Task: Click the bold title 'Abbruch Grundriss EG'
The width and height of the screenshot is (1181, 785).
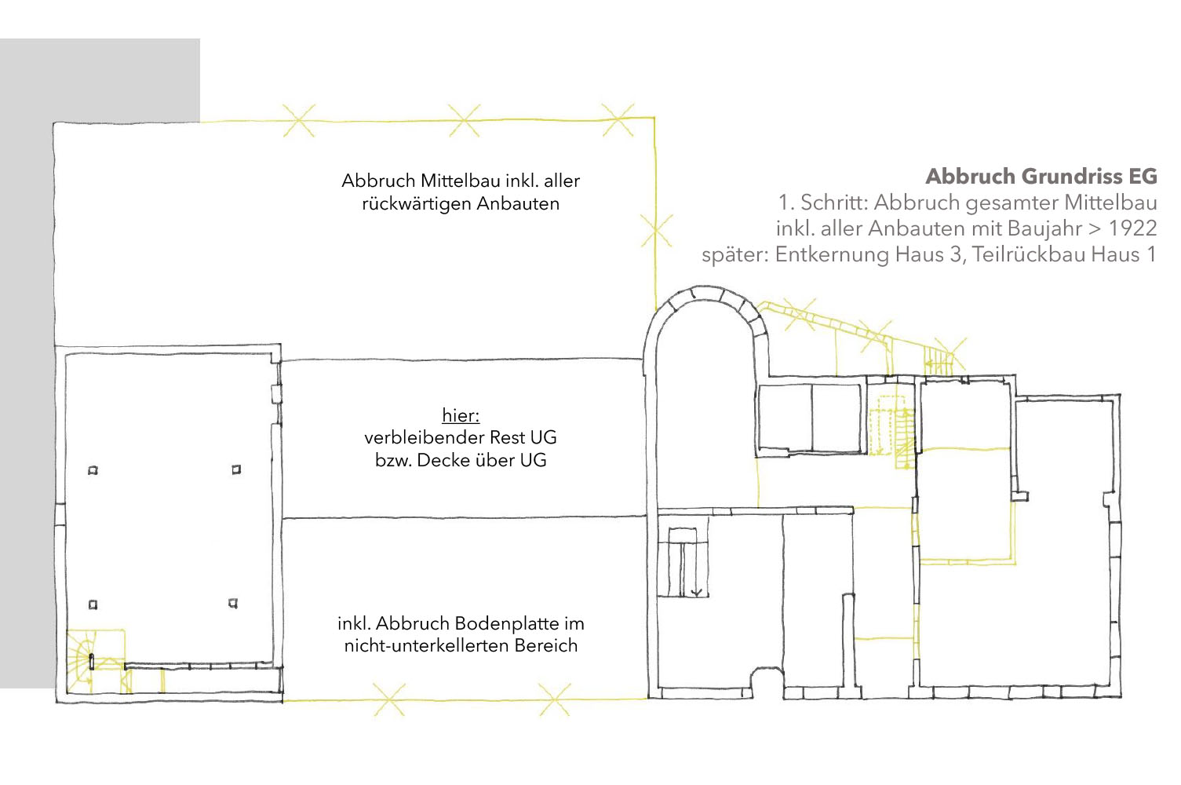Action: coord(1041,176)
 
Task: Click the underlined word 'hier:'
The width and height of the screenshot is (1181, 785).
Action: coord(461,415)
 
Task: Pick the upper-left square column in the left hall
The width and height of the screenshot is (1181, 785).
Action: coord(93,470)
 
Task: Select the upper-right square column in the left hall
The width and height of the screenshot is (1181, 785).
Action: coord(236,469)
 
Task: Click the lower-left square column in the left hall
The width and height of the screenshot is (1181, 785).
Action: coord(93,604)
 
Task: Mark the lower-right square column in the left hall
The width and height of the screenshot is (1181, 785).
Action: coord(233,603)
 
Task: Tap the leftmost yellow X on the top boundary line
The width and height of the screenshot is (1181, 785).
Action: coord(299,120)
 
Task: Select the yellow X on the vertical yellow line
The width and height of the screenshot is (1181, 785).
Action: coord(656,231)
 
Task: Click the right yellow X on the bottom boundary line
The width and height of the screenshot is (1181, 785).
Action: coord(555,699)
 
